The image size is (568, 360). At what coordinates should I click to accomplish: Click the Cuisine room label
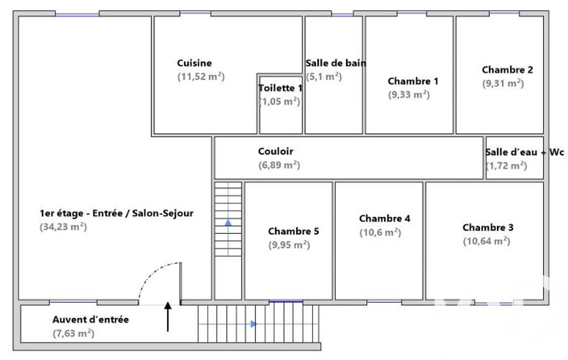(x=194, y=63)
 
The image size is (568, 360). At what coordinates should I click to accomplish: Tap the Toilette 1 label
(x=280, y=88)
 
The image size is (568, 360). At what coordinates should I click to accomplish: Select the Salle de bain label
(x=335, y=63)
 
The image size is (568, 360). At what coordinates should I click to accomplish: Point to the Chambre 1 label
(x=413, y=81)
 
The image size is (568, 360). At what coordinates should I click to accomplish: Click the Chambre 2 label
(x=507, y=70)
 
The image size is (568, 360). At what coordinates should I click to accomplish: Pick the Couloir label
(x=275, y=151)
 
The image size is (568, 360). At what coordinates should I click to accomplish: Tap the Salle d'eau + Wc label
(x=525, y=152)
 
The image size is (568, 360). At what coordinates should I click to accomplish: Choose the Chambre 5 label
(x=293, y=231)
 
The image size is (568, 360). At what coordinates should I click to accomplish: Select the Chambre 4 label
(x=385, y=218)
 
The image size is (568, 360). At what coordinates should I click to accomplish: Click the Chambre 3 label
(x=488, y=228)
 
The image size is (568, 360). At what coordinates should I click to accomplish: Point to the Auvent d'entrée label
(x=90, y=320)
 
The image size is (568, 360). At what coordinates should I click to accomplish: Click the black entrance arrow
(x=168, y=317)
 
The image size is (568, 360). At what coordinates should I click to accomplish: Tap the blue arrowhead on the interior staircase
(x=228, y=223)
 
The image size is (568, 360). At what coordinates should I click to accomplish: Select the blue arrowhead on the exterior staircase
(x=254, y=324)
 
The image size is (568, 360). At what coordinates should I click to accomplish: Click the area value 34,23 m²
(x=63, y=227)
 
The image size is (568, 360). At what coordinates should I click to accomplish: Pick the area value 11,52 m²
(x=201, y=77)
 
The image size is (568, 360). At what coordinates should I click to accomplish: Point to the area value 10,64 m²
(x=486, y=241)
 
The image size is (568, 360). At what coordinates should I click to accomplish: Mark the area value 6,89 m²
(x=279, y=165)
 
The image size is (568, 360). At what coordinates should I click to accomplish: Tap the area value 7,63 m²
(x=73, y=333)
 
